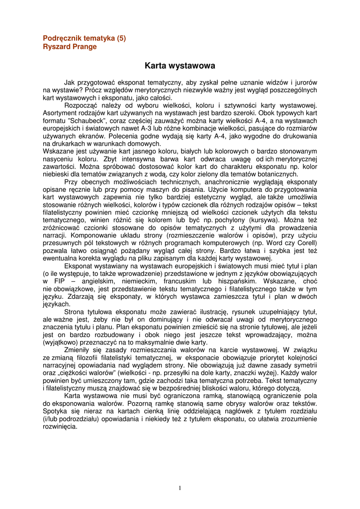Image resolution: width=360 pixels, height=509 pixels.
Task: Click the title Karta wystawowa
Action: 180,65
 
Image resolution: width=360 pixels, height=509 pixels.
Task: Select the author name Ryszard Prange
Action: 70,47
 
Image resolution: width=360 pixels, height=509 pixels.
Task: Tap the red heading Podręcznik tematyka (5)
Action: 85,38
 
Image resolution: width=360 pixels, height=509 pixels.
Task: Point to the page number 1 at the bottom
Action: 180,488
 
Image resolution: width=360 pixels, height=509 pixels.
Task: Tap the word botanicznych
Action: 275,174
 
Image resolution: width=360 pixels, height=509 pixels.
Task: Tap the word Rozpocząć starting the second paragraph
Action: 82,105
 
